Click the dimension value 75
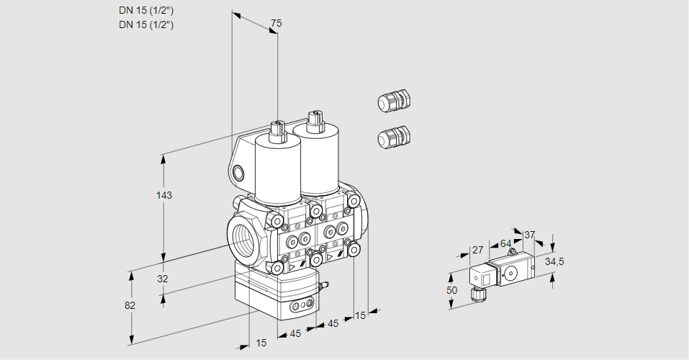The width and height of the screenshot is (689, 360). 276,24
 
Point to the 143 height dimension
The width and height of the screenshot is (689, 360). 166,195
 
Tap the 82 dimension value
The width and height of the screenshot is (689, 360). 130,305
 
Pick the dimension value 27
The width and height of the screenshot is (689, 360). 477,250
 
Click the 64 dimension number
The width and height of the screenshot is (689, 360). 505,243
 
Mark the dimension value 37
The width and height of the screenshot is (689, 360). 530,235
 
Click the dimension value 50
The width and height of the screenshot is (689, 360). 451,290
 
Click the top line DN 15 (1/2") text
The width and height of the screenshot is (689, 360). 146,10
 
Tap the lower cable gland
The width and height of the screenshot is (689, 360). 394,137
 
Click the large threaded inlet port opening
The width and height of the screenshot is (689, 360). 243,237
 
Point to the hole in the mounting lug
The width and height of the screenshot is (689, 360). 239,172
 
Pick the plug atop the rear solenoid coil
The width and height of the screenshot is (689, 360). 313,120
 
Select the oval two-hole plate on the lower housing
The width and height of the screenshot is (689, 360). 301,307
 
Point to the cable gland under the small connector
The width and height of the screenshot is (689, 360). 476,293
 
